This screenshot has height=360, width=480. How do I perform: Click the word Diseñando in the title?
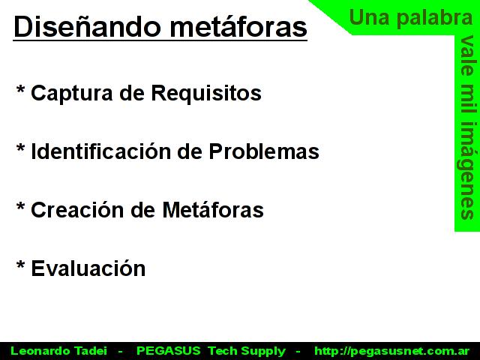click(87, 26)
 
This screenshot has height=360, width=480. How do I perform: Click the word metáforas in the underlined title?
click(238, 26)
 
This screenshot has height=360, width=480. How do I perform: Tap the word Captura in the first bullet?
click(72, 93)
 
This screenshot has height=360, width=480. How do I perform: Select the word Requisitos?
click(206, 93)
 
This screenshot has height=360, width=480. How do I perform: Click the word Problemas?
click(264, 151)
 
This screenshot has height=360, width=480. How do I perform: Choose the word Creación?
click(77, 210)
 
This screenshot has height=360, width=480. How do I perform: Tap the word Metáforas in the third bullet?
click(213, 210)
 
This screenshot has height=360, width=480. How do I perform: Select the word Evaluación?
click(88, 268)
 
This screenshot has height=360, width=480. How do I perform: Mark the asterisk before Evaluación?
click(20, 265)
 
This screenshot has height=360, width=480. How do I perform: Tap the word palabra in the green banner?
click(435, 18)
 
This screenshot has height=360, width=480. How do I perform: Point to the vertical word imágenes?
click(467, 171)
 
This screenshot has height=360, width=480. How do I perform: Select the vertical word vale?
click(467, 55)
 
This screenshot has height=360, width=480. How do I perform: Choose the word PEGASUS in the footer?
click(168, 351)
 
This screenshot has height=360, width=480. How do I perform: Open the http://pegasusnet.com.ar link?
click(391, 351)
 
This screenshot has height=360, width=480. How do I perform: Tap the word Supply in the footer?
click(263, 352)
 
